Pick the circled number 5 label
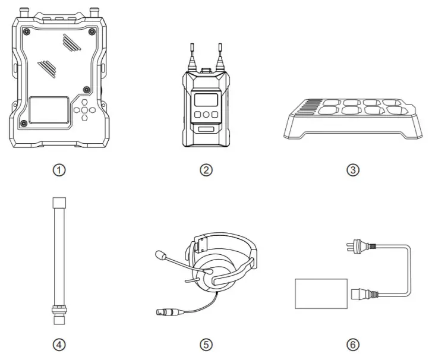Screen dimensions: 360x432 206,344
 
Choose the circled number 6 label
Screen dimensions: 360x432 353,344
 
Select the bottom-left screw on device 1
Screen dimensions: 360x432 23,123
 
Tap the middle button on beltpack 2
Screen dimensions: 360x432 206,115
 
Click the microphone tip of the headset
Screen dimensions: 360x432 159,256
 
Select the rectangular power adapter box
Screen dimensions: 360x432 321,293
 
